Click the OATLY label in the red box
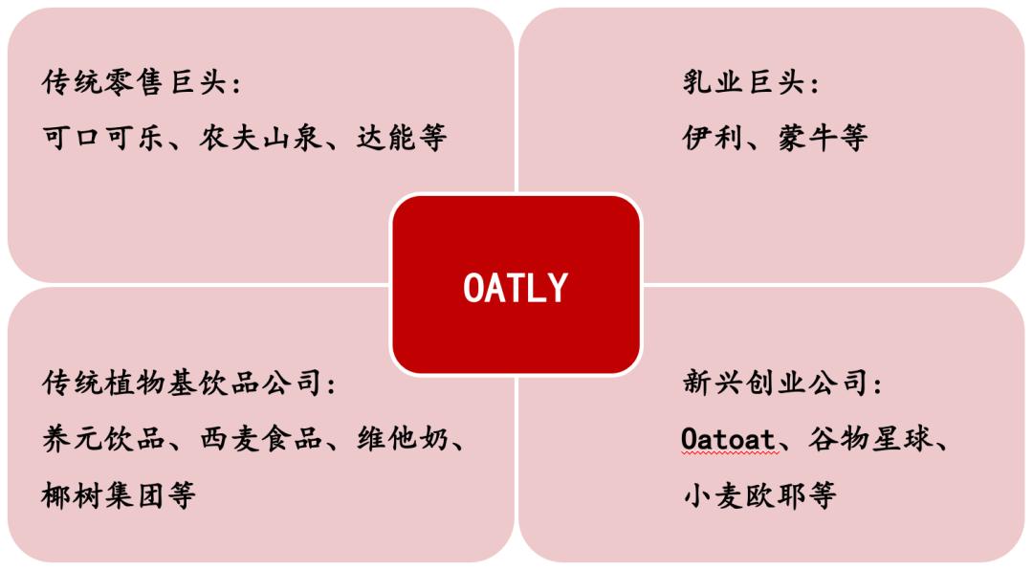516,287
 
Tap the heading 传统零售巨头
134,83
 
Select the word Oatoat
727,441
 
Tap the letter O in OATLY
473,287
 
